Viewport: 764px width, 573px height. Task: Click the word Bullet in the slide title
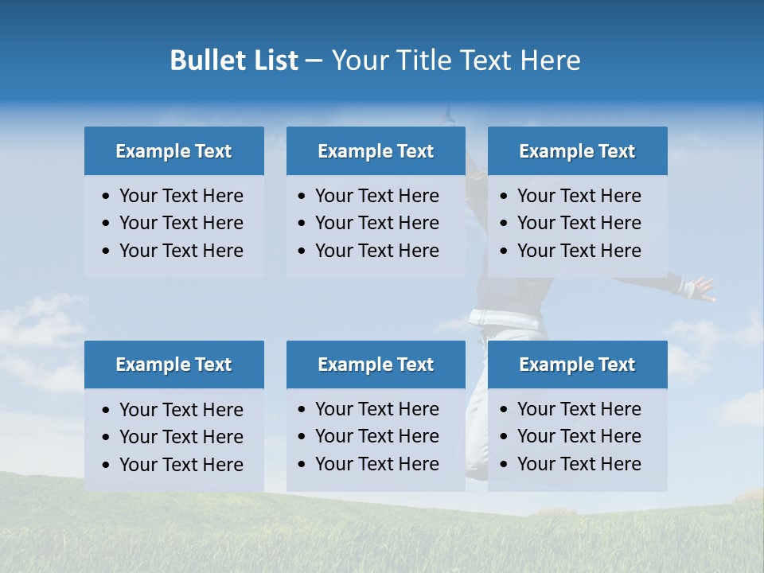tap(202, 60)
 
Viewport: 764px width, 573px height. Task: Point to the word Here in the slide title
tap(550, 60)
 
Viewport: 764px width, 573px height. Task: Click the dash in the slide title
tap(314, 60)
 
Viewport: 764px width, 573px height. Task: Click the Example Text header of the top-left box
tap(173, 151)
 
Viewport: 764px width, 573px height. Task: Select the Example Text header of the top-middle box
tap(376, 151)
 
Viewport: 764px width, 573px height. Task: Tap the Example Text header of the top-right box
tap(577, 151)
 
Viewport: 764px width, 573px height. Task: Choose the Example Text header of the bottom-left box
tap(173, 364)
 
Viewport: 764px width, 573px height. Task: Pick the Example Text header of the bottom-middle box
tap(376, 364)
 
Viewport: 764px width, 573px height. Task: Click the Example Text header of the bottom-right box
tap(577, 364)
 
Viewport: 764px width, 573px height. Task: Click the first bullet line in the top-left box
tap(181, 196)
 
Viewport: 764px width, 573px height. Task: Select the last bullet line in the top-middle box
tap(376, 251)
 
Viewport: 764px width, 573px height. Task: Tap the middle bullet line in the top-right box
tap(579, 223)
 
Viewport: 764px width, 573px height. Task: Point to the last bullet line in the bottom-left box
tap(181, 465)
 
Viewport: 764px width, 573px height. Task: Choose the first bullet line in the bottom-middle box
tap(376, 409)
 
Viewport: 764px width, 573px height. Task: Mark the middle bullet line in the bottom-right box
tap(579, 436)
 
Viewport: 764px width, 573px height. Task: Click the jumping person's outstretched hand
tap(702, 288)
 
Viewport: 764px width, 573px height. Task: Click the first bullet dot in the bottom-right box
tap(504, 410)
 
